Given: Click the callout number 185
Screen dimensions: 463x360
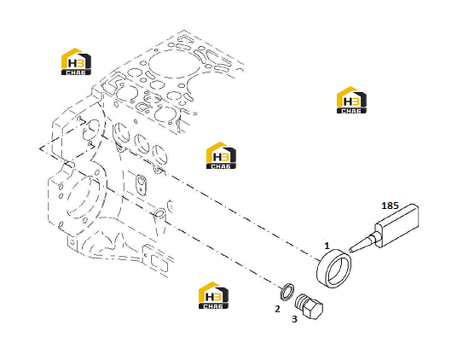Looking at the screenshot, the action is point(390,206).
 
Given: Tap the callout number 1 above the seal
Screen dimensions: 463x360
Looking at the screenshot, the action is point(327,246).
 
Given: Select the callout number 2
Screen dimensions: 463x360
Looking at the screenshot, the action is point(277,309).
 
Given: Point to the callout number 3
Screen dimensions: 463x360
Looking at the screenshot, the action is point(294,319).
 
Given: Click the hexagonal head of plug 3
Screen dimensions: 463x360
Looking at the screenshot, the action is point(315,310).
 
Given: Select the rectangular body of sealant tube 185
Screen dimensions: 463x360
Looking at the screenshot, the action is point(397,224).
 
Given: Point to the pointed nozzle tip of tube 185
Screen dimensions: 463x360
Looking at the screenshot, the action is point(350,251).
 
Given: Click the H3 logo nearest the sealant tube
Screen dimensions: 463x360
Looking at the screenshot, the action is point(351,100).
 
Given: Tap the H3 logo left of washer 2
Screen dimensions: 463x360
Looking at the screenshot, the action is point(213,295).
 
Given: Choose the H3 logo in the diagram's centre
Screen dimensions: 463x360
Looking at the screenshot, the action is point(221,155).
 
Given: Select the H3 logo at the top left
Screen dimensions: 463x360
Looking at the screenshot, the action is point(76,61).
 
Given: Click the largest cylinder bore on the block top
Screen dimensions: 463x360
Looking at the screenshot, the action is point(175,64).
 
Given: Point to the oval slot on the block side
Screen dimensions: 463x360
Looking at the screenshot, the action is point(141,185).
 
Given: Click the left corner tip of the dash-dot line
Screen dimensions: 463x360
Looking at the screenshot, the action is point(39,148).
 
